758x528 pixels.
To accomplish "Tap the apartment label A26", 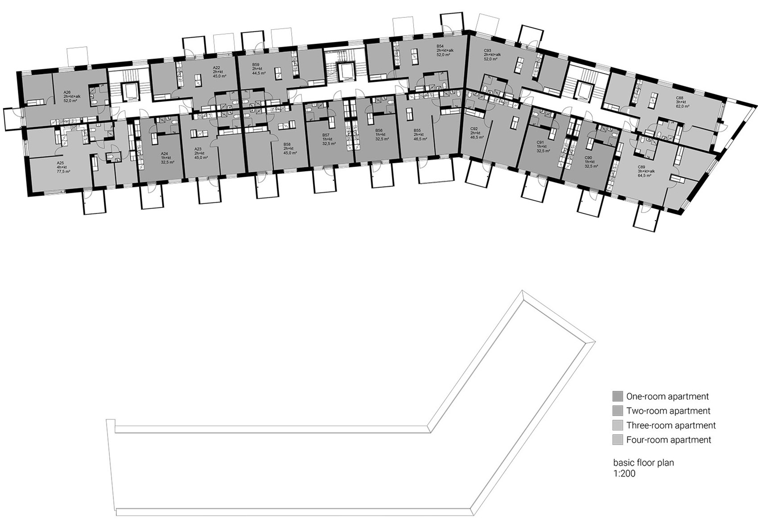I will [67, 92].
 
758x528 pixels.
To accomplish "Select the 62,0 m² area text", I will [683, 107].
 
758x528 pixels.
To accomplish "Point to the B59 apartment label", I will [255, 64].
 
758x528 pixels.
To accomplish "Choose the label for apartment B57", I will [326, 135].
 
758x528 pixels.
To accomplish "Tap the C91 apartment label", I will [540, 142].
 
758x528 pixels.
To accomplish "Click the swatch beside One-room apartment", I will [618, 396].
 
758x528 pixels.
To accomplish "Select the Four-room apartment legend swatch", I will [618, 440].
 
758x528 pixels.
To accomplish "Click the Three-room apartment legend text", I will [671, 425].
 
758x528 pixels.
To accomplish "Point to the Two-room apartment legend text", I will [668, 411].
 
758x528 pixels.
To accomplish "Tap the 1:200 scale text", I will [624, 474].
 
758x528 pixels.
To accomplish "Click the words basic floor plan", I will [643, 463].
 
